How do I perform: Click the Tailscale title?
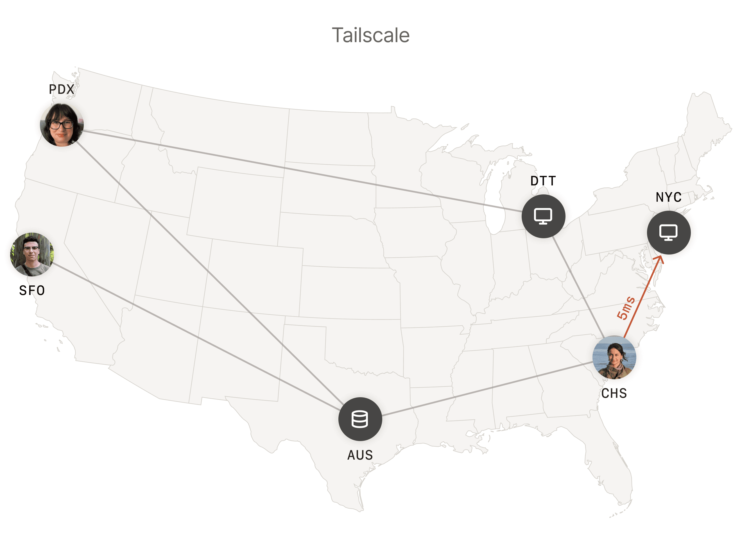tap(370, 35)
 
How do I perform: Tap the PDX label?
tap(61, 89)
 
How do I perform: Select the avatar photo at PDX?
tap(62, 125)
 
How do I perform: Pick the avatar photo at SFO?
tap(32, 254)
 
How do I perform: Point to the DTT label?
tap(543, 181)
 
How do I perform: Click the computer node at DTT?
tap(543, 216)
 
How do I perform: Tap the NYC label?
tap(668, 197)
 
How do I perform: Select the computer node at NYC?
tap(668, 233)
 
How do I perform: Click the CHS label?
tap(614, 393)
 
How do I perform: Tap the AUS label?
tap(360, 455)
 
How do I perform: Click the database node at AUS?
tap(360, 419)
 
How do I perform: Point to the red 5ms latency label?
tap(626, 308)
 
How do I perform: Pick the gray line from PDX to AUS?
tap(211, 277)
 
